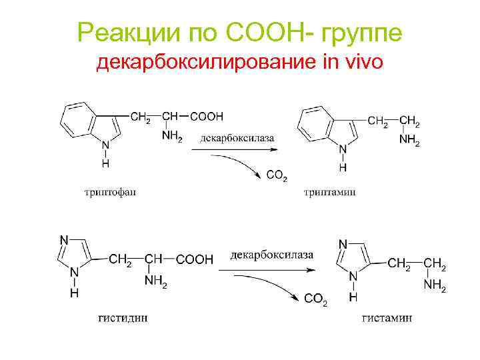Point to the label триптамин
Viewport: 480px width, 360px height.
[x=329, y=193]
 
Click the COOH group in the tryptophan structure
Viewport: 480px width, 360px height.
[x=207, y=117]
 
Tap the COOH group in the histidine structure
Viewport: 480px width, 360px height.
[x=195, y=259]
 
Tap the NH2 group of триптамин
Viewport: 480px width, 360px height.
[x=409, y=141]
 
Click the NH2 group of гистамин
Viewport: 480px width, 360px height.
[x=435, y=285]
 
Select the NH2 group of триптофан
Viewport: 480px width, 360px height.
[x=171, y=137]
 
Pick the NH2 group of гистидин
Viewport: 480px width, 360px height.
[x=155, y=281]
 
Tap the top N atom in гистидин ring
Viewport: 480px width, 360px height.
[x=65, y=240]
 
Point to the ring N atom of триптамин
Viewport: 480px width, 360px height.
[x=343, y=149]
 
